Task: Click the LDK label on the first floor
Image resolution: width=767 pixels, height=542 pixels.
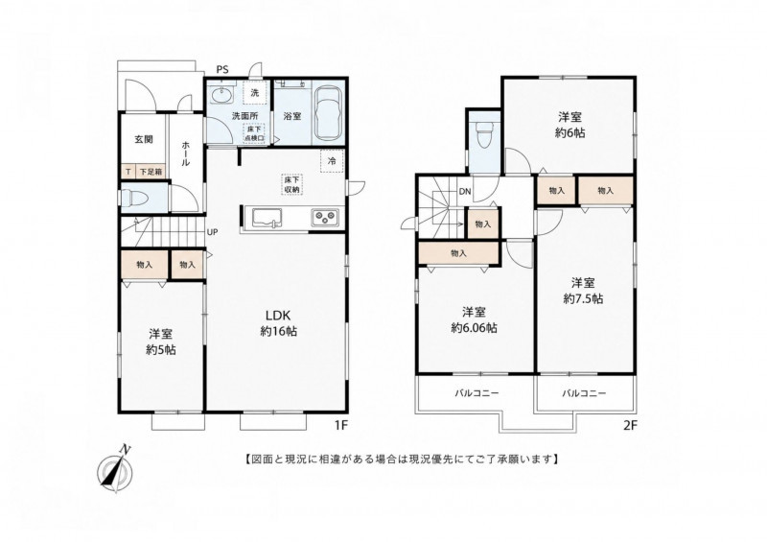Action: pyautogui.click(x=278, y=315)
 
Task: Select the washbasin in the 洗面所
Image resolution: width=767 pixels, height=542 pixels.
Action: pyautogui.click(x=223, y=95)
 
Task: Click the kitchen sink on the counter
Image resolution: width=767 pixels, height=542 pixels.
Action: pyautogui.click(x=267, y=218)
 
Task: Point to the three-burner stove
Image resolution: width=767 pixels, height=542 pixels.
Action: pyautogui.click(x=326, y=217)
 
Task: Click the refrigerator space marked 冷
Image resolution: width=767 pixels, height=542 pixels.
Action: pyautogui.click(x=332, y=161)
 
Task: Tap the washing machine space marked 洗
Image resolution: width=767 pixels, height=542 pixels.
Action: pyautogui.click(x=255, y=93)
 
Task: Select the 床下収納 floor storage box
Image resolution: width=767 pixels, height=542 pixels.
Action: pyautogui.click(x=292, y=184)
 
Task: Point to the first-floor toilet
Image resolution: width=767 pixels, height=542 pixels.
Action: pyautogui.click(x=133, y=199)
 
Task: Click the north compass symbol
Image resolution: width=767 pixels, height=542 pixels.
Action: pyautogui.click(x=115, y=468)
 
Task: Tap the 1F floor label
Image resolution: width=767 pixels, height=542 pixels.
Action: pyautogui.click(x=340, y=426)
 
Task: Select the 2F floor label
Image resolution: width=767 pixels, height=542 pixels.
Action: pyautogui.click(x=630, y=426)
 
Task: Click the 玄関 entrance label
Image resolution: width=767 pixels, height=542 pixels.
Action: pyautogui.click(x=144, y=139)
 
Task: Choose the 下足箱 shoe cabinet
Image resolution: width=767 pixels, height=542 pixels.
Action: pyautogui.click(x=150, y=172)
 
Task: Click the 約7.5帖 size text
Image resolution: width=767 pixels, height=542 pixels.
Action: pyautogui.click(x=583, y=298)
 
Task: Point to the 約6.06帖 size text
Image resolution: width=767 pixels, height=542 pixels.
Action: pyautogui.click(x=474, y=327)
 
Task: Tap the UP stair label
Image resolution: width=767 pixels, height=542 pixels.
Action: pyautogui.click(x=212, y=232)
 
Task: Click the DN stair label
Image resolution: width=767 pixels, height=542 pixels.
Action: pyautogui.click(x=465, y=192)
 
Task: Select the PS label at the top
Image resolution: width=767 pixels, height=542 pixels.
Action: pyautogui.click(x=222, y=69)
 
